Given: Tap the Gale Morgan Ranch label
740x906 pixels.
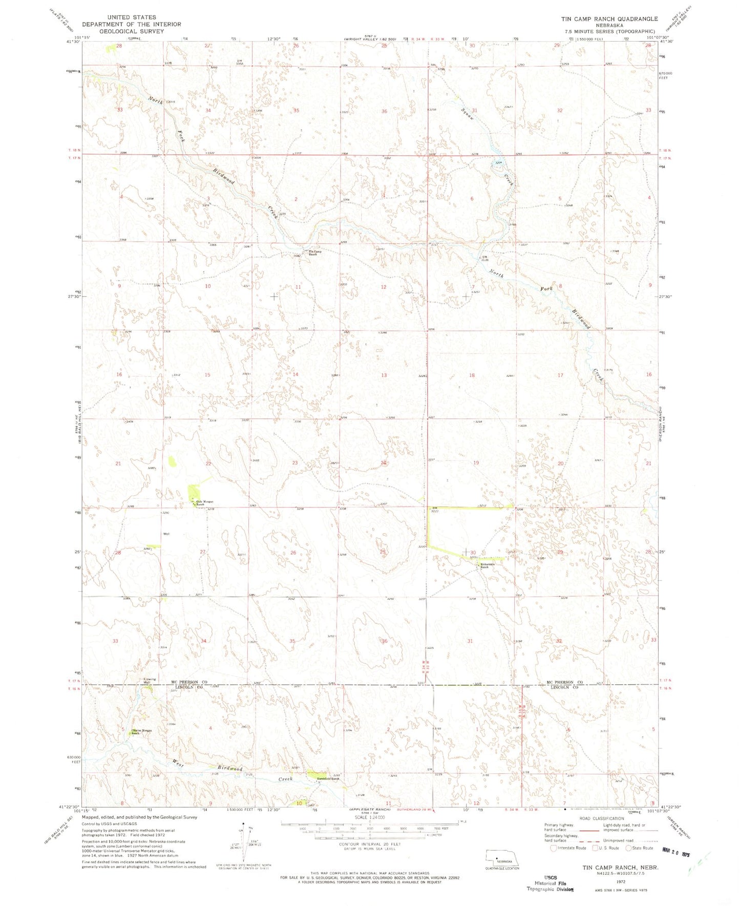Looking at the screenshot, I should [x=199, y=503].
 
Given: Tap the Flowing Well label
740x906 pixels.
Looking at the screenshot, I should [x=150, y=681].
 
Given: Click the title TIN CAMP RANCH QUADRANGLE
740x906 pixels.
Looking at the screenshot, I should [x=609, y=19].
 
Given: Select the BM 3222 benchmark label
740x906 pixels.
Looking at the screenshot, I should [x=435, y=510].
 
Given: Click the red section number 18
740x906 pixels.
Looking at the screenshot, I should [x=472, y=375].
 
